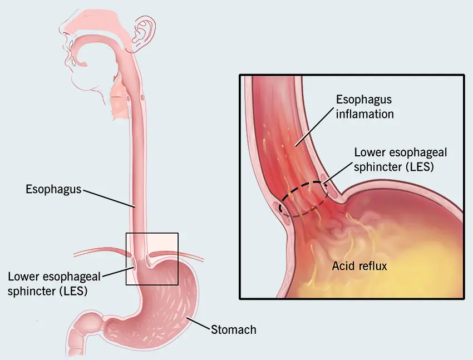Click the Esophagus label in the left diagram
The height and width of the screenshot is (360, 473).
[x=53, y=189]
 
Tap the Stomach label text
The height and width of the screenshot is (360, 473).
[x=233, y=329]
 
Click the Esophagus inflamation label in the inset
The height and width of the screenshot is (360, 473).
[x=364, y=107]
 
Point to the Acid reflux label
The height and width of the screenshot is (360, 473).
[x=359, y=266]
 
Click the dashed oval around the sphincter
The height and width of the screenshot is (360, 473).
[x=303, y=184]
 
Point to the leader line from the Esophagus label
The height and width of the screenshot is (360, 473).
[x=109, y=198]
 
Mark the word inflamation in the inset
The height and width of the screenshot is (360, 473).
[x=364, y=114]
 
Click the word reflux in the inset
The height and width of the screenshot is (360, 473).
[x=372, y=266]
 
